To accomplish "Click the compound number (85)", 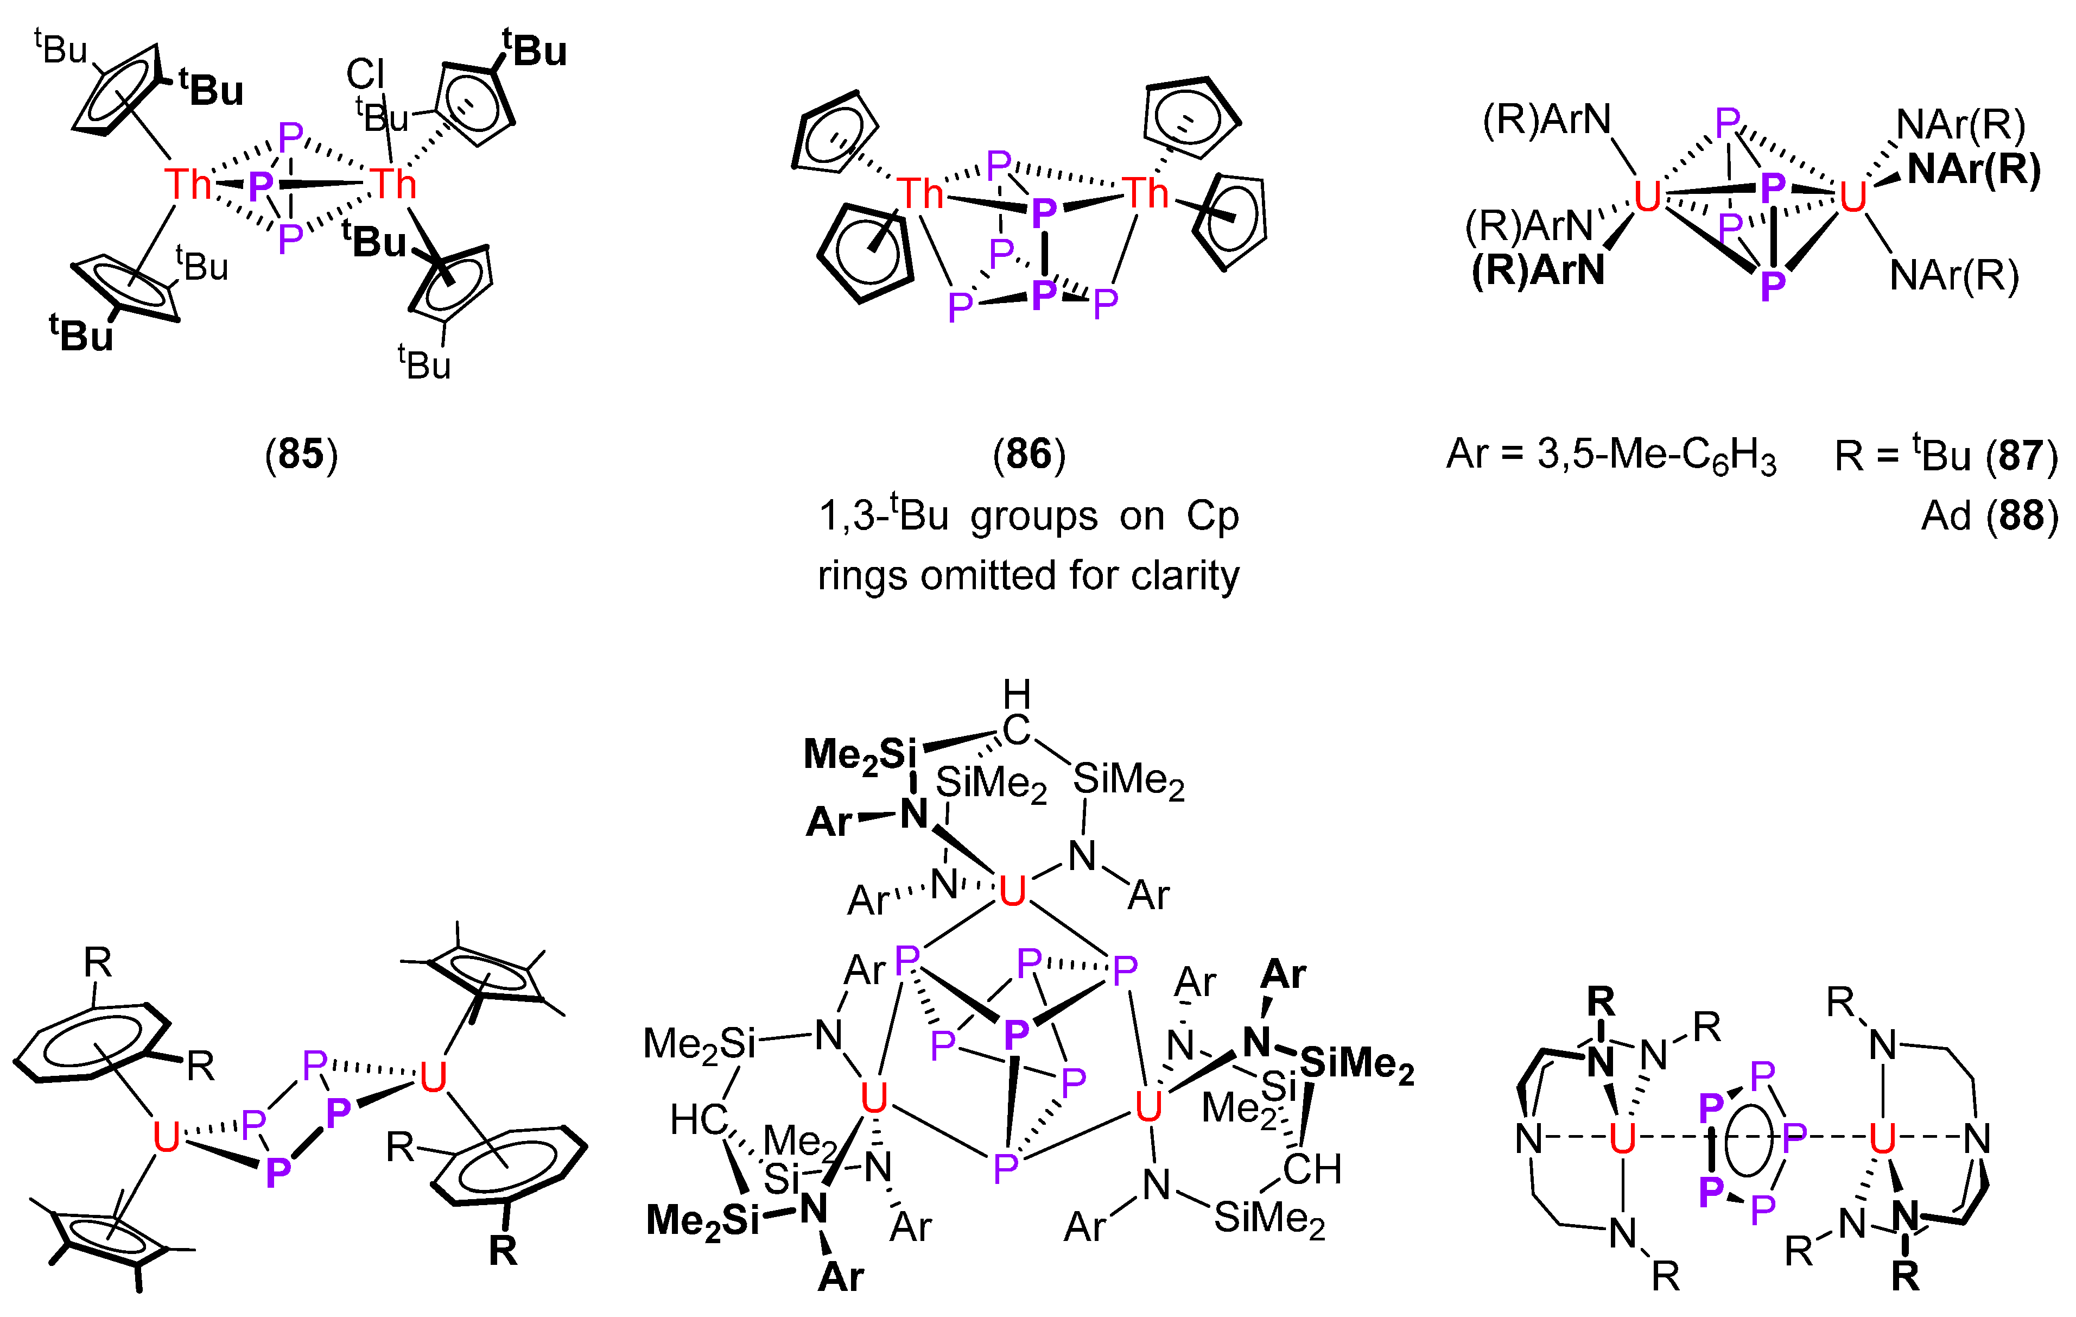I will (x=301, y=453).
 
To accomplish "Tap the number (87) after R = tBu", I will (x=2021, y=456).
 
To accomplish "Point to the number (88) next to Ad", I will (x=2021, y=516).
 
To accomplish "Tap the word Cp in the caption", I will (x=1212, y=516).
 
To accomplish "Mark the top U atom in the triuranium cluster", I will (x=1012, y=891).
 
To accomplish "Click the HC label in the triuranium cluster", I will (x=699, y=1120).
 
